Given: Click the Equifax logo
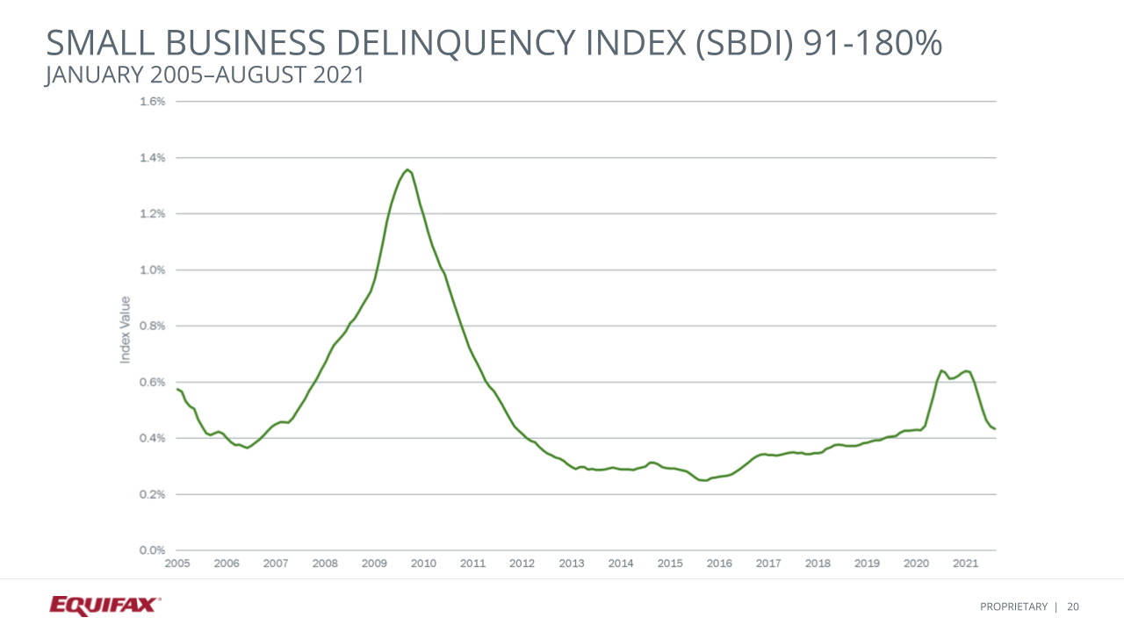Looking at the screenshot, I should click(x=104, y=605).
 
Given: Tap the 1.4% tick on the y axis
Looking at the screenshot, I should click(x=153, y=158).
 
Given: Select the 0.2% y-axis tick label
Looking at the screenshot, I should click(x=153, y=494).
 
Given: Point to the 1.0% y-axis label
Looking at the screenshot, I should click(x=153, y=270).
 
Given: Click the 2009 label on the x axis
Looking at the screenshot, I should click(x=374, y=564).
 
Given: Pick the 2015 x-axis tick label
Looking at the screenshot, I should click(x=670, y=564).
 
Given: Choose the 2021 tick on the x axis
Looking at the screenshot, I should click(x=966, y=564).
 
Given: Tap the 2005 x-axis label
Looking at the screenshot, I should click(x=177, y=564).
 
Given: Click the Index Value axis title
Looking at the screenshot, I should click(x=125, y=329).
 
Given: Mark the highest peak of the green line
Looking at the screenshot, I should click(x=408, y=169).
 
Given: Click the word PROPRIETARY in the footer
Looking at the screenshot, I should click(x=1014, y=607).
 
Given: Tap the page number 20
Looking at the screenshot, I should click(x=1073, y=607).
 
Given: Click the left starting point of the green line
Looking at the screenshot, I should click(x=177, y=389).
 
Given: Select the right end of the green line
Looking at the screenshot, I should click(x=995, y=429).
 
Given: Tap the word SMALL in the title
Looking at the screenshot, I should click(x=97, y=45).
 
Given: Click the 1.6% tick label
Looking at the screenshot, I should click(x=153, y=102).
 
